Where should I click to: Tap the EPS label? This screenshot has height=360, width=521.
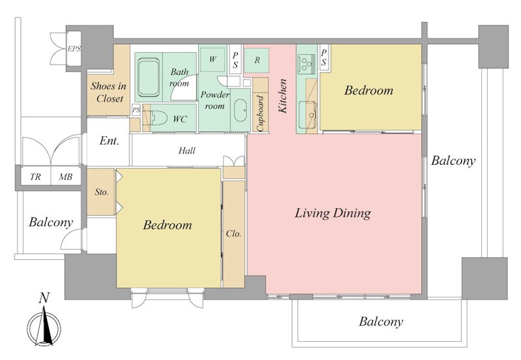tap(74, 49)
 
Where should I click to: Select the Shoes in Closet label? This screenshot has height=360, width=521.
tap(109, 92)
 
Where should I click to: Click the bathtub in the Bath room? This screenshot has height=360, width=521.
tap(148, 77)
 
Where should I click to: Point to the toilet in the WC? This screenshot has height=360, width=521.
tap(158, 118)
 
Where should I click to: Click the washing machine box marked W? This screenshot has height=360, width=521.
tap(212, 59)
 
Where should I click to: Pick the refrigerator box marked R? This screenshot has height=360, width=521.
tap(257, 61)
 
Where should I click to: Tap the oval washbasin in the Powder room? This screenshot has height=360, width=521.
tap(240, 110)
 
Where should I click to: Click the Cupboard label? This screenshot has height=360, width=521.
tap(260, 113)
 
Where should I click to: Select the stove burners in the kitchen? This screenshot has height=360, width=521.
tap(307, 63)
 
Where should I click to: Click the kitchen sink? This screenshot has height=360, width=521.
tap(307, 115)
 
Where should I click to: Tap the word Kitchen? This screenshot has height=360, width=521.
tap(283, 96)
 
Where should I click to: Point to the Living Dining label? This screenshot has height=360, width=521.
tap(333, 214)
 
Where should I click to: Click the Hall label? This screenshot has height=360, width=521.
tap(187, 151)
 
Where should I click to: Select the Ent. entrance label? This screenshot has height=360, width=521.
tap(109, 141)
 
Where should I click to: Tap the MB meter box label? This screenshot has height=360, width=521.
tap(66, 177)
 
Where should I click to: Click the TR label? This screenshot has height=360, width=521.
tap(35, 177)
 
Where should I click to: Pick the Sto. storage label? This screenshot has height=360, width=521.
tap(102, 191)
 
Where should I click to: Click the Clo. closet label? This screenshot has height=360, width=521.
tap(233, 234)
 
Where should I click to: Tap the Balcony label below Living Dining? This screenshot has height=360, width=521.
tap(381, 322)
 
